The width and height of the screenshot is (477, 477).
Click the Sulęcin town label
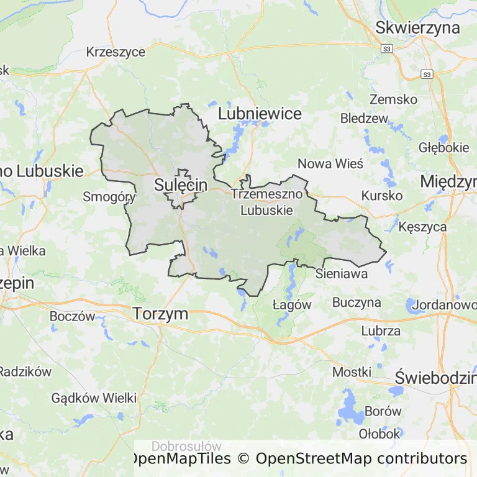(x=180, y=184)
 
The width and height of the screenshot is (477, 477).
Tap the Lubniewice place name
(x=260, y=114)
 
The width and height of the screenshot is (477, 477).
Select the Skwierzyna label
(x=417, y=27)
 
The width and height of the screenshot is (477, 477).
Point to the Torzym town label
(x=160, y=314)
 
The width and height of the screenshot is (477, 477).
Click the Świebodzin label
(x=435, y=377)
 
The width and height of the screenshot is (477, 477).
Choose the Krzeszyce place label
(x=116, y=52)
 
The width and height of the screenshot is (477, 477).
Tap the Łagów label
(x=292, y=304)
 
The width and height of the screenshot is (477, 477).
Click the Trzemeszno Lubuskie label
(x=266, y=202)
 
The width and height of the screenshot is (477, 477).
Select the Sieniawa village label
(x=342, y=273)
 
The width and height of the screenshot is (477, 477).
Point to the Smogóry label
(x=109, y=197)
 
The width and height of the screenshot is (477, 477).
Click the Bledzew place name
(x=364, y=118)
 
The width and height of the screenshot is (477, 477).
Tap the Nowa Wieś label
(x=330, y=163)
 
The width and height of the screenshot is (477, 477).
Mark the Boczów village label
(x=72, y=316)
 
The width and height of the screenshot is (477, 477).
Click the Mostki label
(x=352, y=371)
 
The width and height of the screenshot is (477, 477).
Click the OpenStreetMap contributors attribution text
(x=361, y=458)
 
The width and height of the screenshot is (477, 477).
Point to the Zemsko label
(x=393, y=99)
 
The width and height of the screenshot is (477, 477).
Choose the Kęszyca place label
(x=423, y=227)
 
